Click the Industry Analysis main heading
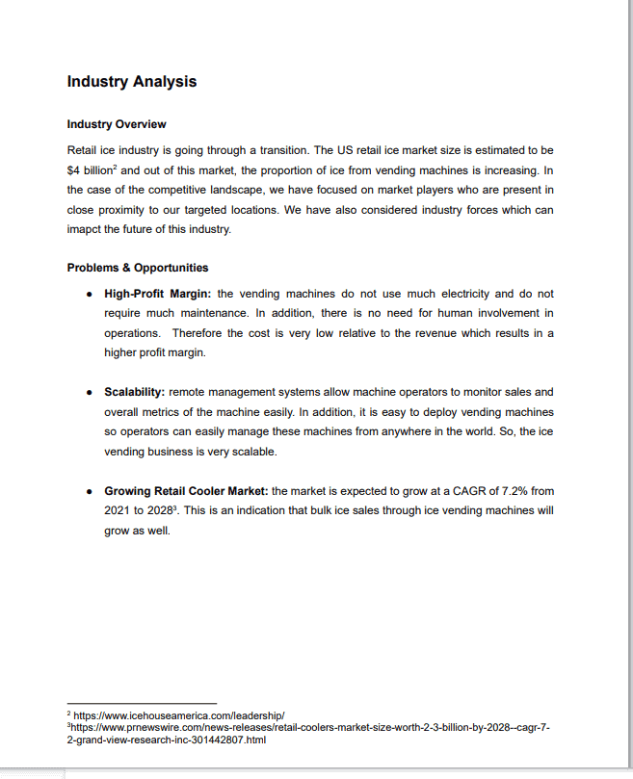[132, 82]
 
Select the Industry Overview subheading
[117, 125]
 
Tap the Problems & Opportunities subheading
[138, 268]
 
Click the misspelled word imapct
[86, 229]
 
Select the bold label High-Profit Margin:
[158, 293]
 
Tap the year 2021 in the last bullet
[117, 510]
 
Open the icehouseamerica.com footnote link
[179, 715]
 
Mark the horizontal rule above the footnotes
[142, 703]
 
